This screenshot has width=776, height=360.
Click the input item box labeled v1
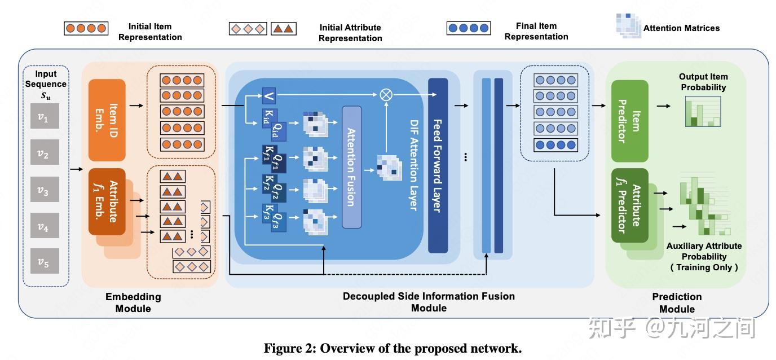[45, 118]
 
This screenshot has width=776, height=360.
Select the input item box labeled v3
[45, 191]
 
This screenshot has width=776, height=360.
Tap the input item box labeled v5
[45, 261]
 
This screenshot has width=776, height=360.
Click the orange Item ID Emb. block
[107, 120]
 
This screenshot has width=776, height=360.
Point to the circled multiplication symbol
[386, 95]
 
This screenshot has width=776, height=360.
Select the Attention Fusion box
[351, 166]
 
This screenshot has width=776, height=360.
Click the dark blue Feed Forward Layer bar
[438, 165]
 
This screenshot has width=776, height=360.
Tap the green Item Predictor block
[630, 121]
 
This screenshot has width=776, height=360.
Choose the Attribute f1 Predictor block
[629, 205]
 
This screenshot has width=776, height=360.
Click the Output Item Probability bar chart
[703, 111]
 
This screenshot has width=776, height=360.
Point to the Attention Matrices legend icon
[627, 26]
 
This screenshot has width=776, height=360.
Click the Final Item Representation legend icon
[469, 28]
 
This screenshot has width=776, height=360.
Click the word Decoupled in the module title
[369, 296]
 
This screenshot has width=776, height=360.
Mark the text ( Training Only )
[704, 267]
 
